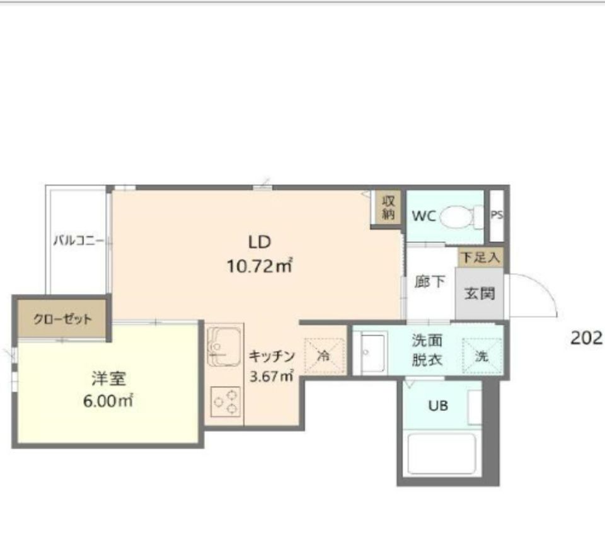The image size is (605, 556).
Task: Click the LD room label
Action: pyautogui.click(x=259, y=242)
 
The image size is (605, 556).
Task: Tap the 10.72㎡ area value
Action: pyautogui.click(x=259, y=266)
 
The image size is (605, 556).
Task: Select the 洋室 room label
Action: pyautogui.click(x=108, y=378)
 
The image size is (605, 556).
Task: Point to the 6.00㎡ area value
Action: pyautogui.click(x=108, y=401)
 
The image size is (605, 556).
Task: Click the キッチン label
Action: pyautogui.click(x=272, y=356)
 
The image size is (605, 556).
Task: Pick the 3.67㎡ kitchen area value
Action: pyautogui.click(x=272, y=375)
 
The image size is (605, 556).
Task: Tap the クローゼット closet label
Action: pyautogui.click(x=62, y=319)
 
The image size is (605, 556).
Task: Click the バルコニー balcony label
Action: pyautogui.click(x=78, y=241)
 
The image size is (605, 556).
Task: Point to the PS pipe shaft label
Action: pyautogui.click(x=497, y=215)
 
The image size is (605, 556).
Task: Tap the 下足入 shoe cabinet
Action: pyautogui.click(x=481, y=257)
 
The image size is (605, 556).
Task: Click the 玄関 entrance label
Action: pyautogui.click(x=479, y=294)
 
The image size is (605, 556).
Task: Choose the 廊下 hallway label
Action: pyautogui.click(x=429, y=282)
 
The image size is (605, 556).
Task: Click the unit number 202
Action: pyautogui.click(x=587, y=338)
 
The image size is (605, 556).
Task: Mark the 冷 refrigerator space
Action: pyautogui.click(x=325, y=356)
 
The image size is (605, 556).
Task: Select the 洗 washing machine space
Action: pyautogui.click(x=482, y=356)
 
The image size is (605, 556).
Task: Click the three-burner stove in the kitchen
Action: pyautogui.click(x=226, y=402)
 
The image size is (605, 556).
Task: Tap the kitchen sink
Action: pyautogui.click(x=224, y=346)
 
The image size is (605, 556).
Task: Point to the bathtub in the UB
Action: pyautogui.click(x=442, y=454)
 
